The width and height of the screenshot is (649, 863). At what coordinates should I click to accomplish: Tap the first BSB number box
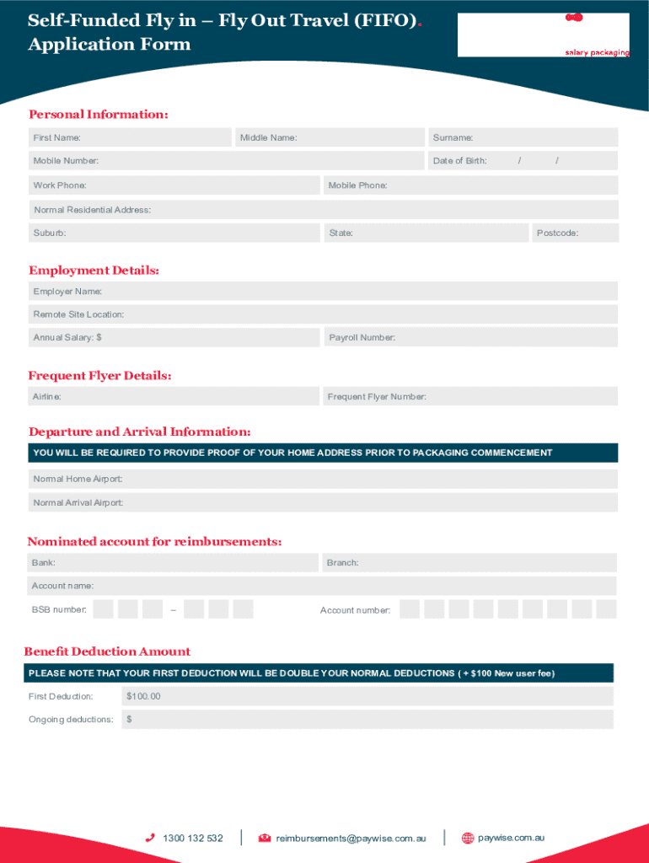(x=104, y=609)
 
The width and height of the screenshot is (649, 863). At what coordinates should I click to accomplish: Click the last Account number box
(x=606, y=609)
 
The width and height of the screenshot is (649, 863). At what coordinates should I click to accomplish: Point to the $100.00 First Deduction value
(x=143, y=696)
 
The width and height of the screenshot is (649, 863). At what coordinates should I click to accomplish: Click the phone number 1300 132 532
(x=193, y=839)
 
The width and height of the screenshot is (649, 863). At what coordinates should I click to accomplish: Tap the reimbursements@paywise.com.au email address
(x=351, y=839)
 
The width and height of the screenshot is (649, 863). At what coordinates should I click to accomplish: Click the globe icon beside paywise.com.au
(x=468, y=839)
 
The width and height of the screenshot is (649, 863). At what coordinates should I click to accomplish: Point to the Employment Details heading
(x=94, y=271)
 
